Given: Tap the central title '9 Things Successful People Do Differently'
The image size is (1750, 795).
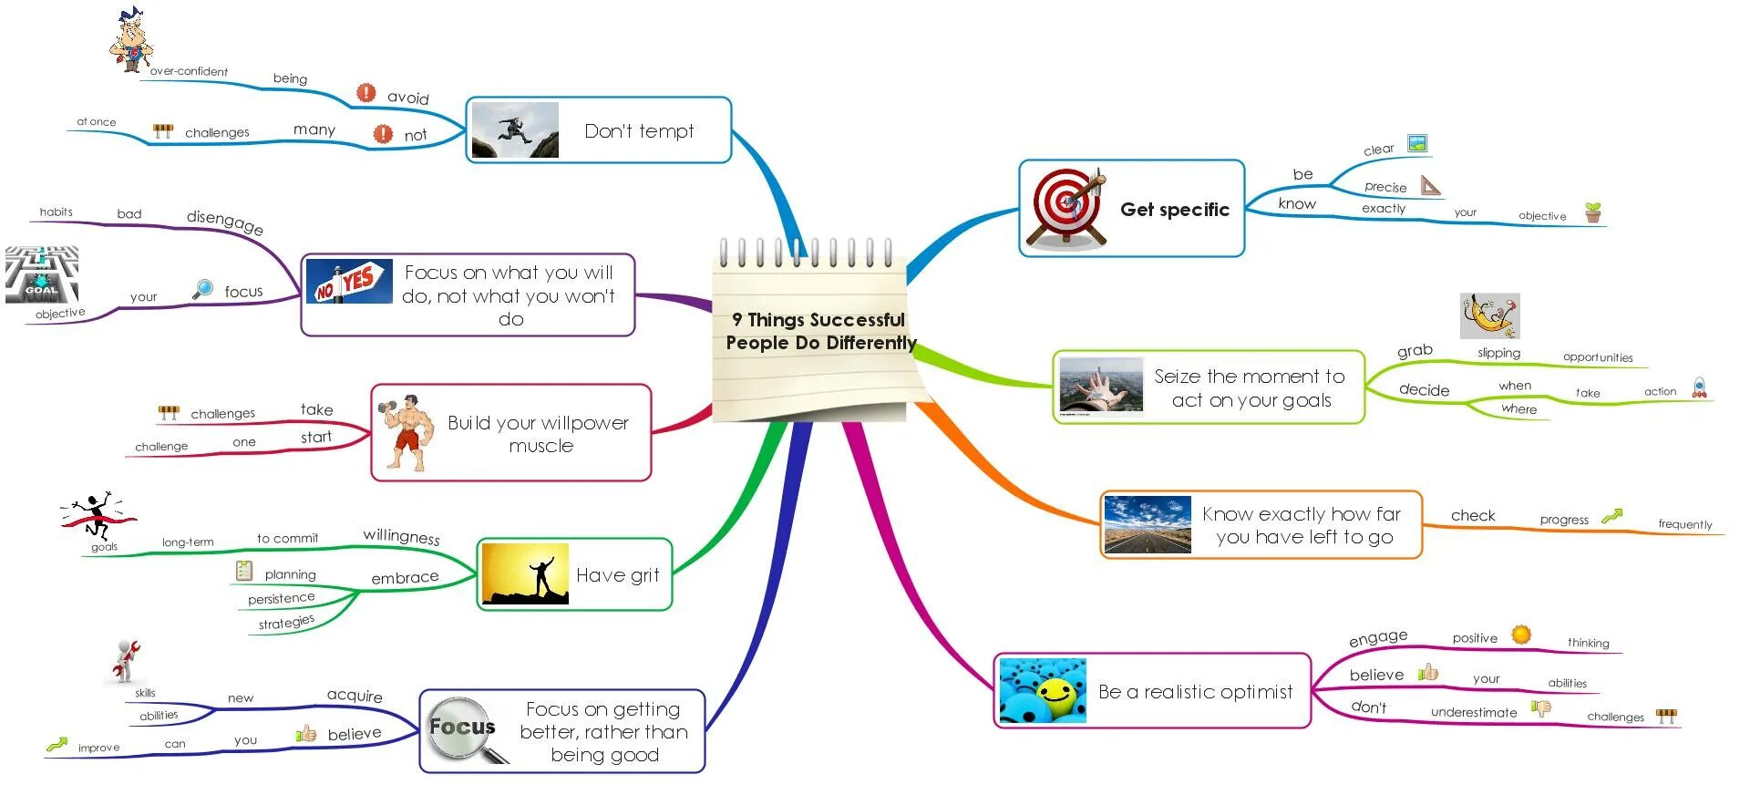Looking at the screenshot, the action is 819,331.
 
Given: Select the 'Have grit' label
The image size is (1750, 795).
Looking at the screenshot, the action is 617,575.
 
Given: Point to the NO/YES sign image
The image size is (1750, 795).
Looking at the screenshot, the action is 347,281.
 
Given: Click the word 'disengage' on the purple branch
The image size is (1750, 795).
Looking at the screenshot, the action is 225,222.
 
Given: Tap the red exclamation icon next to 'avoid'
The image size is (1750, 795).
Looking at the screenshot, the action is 365,93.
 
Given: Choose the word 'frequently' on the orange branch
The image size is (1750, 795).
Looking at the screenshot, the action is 1684,524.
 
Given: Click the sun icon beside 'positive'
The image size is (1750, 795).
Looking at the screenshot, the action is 1520,635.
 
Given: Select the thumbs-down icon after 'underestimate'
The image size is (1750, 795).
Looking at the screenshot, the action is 1541,708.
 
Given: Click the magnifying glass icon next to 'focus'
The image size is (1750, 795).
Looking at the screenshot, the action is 203,289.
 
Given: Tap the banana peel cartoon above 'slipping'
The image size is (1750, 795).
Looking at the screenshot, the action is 1489,316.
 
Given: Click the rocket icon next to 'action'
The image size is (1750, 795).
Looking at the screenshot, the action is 1699,387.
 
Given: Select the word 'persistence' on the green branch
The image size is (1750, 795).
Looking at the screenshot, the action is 281,598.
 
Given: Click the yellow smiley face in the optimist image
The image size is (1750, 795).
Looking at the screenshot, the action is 1056,695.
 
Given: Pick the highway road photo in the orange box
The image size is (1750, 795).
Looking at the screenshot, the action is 1147,525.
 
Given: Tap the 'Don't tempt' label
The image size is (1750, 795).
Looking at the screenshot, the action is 639,131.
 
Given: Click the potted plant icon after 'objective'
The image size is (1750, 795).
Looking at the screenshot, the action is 1592,212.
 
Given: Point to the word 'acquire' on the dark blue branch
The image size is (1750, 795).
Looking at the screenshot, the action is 355,696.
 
